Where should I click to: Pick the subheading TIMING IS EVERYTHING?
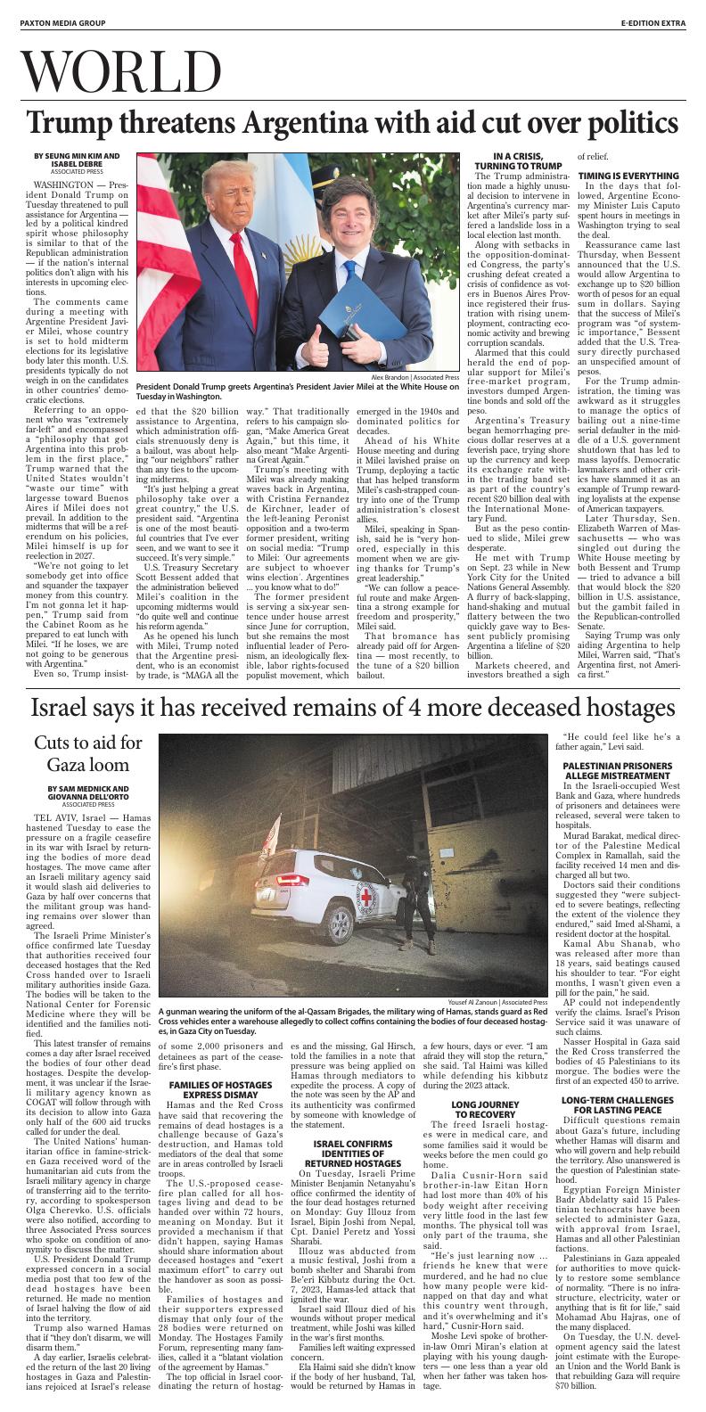(628, 175)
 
